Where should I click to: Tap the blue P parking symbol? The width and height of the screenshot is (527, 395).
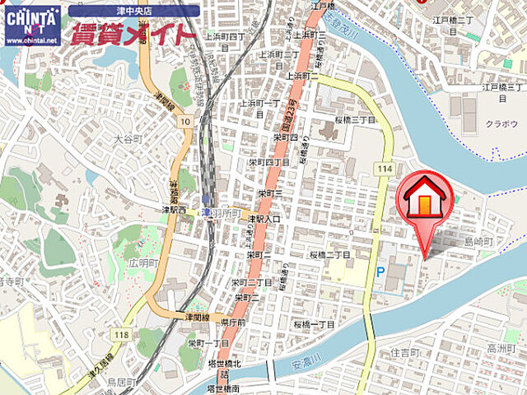[x=380, y=272]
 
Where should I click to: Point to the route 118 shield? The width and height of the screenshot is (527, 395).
[x=122, y=333]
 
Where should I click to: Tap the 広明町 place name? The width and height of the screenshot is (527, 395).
[x=142, y=263]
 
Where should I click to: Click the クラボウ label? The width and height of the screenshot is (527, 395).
[x=501, y=123]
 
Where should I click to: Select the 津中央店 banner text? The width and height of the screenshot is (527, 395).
[x=134, y=11]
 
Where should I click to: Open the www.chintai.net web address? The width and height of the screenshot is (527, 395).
[x=31, y=39]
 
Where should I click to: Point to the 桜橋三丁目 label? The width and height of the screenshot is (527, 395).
[x=355, y=119]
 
